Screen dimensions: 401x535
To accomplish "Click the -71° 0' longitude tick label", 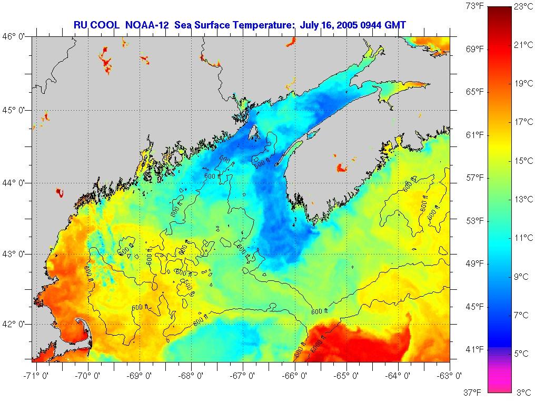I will click(x=35, y=376).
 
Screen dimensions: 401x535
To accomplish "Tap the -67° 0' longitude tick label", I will click(x=243, y=376).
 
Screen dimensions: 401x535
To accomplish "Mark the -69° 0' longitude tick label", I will click(x=139, y=376).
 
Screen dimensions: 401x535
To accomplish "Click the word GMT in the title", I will click(x=394, y=25).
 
